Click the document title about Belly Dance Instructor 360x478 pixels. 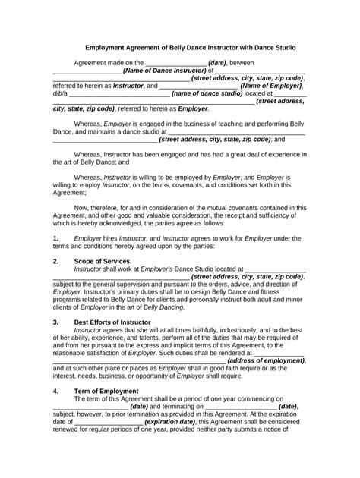(x=180, y=47)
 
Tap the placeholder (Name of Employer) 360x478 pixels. (x=271, y=86)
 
